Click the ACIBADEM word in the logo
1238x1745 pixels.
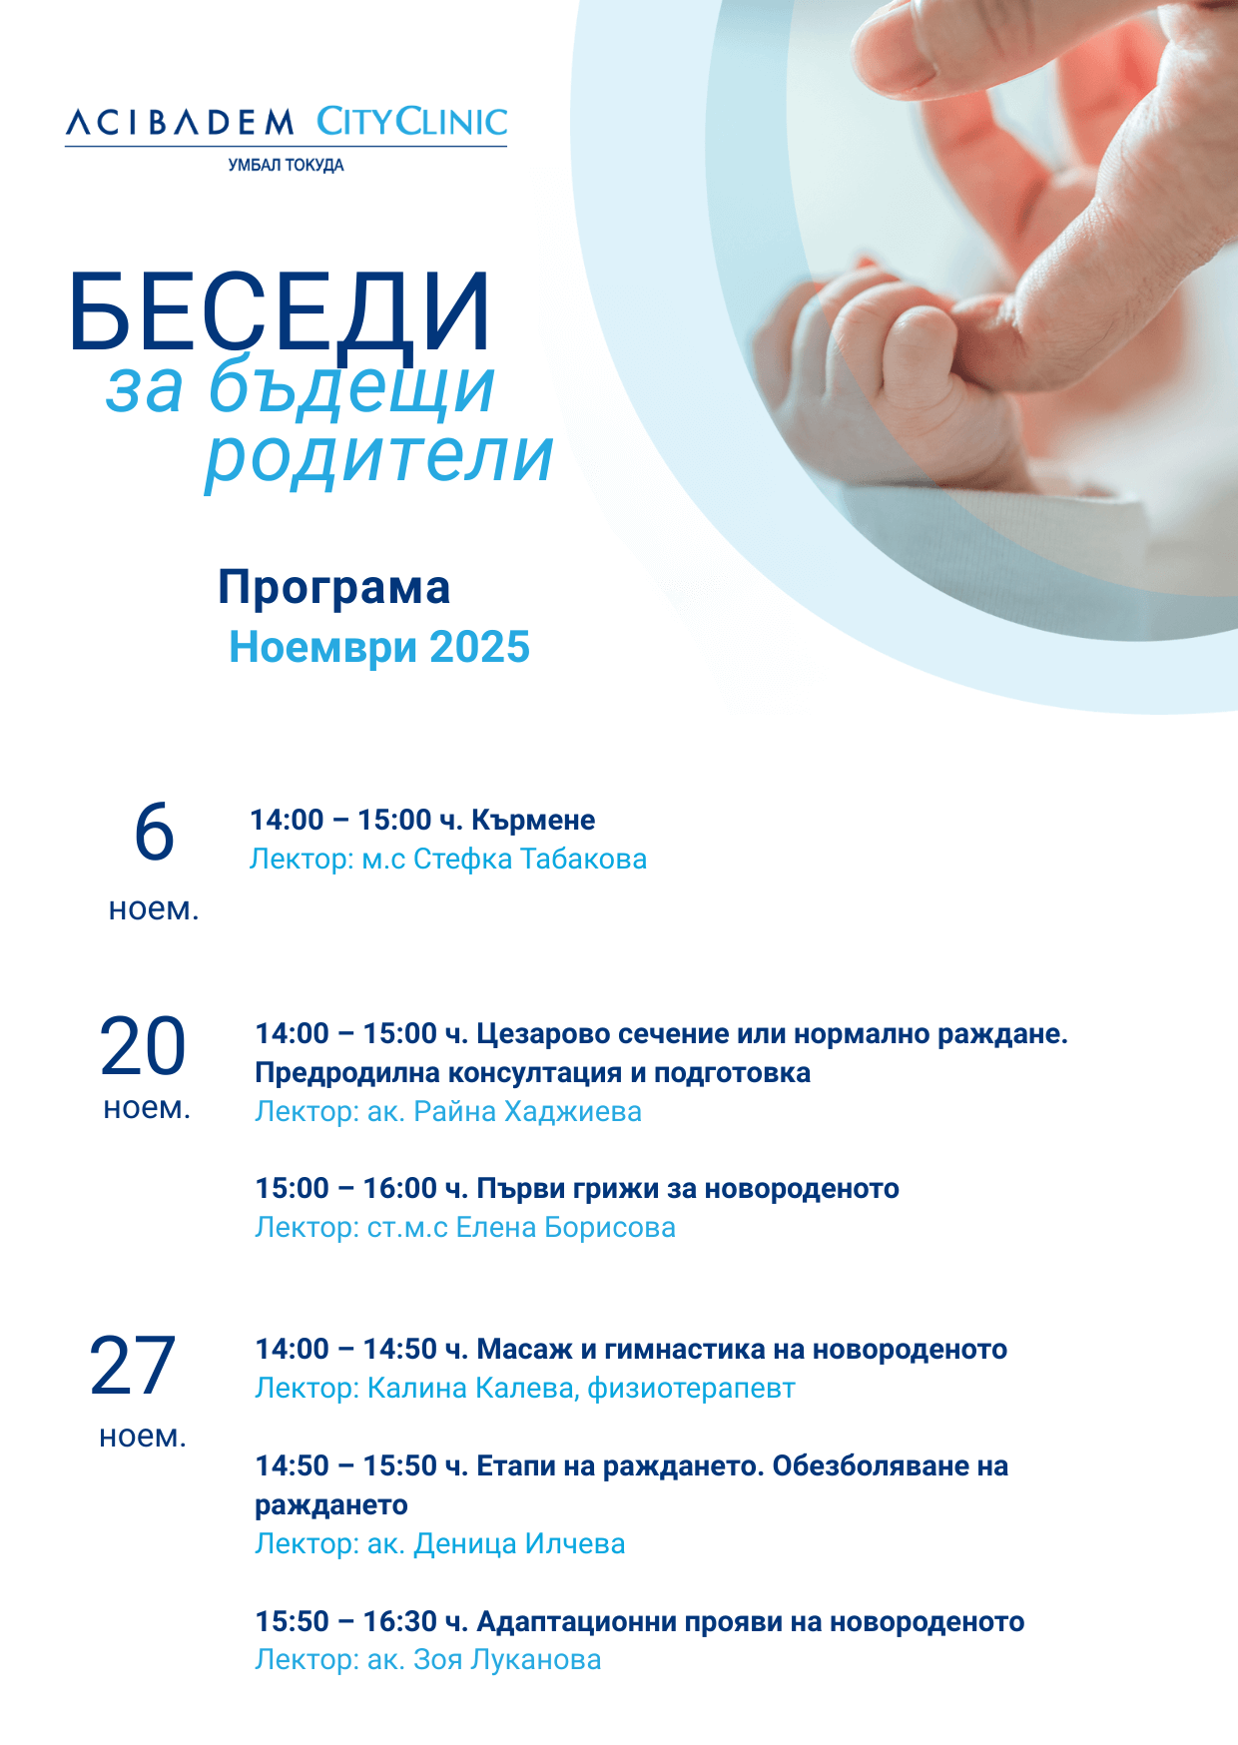(181, 123)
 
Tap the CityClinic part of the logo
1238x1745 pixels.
(412, 122)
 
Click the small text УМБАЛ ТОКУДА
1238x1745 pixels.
(287, 165)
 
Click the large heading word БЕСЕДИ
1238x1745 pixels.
(280, 311)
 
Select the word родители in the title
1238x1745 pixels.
(379, 457)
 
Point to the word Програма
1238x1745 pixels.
(334, 588)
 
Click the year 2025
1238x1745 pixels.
(480, 647)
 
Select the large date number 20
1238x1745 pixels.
(143, 1046)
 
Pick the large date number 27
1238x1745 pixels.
(133, 1366)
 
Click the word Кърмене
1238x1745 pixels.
(533, 821)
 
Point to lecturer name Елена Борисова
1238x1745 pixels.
(566, 1228)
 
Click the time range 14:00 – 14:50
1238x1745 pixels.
(346, 1350)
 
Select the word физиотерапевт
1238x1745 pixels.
(691, 1389)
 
